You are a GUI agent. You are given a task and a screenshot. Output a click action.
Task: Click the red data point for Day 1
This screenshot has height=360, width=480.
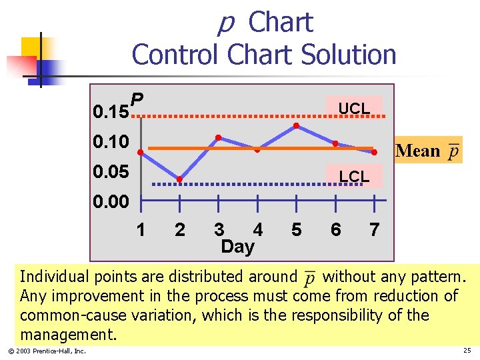tap(141, 153)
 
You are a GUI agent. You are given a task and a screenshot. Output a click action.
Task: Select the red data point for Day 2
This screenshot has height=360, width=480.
tap(179, 179)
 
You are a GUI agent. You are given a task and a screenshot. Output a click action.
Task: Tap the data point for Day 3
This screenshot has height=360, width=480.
tap(218, 137)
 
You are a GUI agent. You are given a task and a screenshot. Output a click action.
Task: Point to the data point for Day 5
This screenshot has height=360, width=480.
tap(296, 126)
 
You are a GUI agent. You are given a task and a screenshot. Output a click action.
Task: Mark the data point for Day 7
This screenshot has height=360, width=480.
tap(374, 153)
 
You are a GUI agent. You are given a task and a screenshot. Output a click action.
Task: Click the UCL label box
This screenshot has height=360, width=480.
tap(353, 108)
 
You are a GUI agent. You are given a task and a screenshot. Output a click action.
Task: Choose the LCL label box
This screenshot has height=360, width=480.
tap(353, 177)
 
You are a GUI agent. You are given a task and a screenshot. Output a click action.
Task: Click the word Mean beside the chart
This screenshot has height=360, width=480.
tap(418, 151)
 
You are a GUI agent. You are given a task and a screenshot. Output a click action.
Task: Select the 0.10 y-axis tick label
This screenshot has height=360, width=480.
tap(111, 141)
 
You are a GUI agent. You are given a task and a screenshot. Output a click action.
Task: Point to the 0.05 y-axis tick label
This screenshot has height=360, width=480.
tap(111, 172)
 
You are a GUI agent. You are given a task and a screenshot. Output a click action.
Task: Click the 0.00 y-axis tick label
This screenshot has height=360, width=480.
tap(111, 201)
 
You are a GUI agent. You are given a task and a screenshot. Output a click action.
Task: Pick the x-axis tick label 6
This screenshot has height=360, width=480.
tap(335, 230)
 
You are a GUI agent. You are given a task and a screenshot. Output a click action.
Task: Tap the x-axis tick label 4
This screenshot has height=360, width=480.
tap(257, 230)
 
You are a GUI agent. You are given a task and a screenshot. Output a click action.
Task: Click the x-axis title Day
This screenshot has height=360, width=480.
tap(237, 247)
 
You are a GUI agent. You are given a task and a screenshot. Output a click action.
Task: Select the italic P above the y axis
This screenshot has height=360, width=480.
tap(137, 100)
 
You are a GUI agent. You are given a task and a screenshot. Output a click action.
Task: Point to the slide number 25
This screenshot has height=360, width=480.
tap(466, 351)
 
